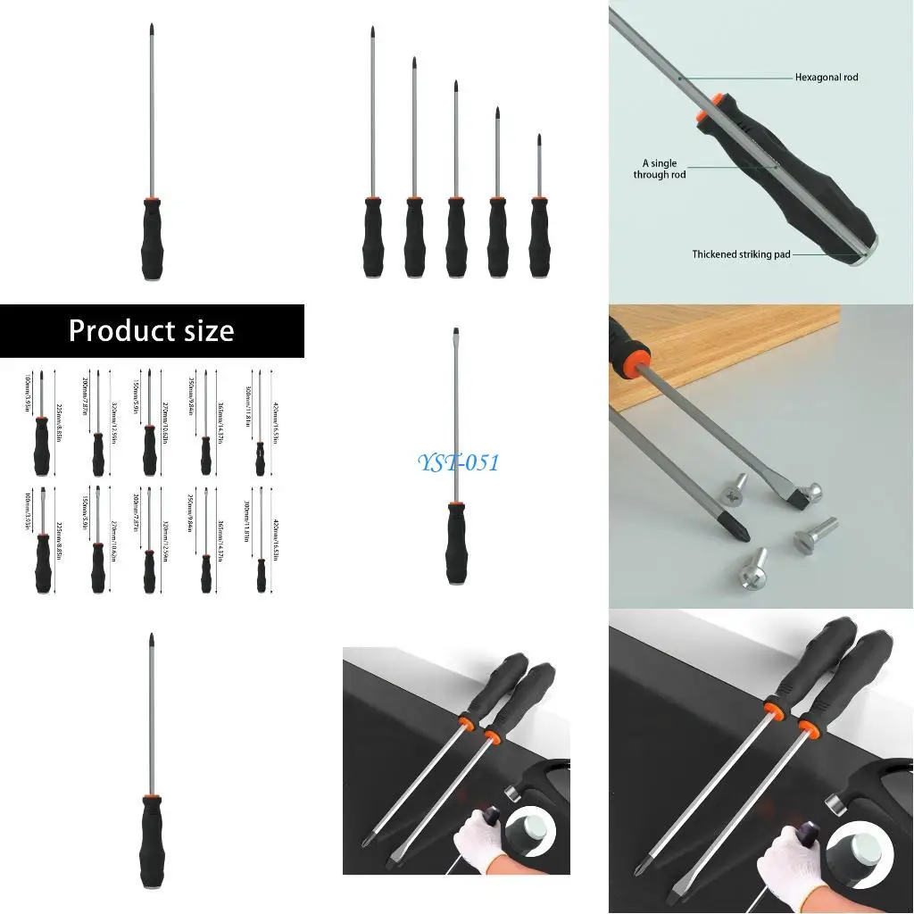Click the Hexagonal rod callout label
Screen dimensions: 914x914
click(827, 78)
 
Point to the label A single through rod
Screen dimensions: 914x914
click(660, 169)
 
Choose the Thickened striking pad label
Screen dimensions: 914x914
click(741, 254)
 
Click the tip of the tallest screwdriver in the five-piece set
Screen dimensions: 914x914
click(371, 32)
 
